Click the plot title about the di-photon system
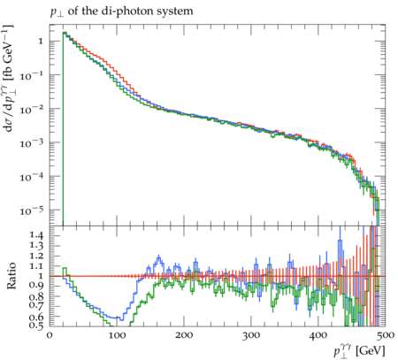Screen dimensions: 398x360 pos(121,11)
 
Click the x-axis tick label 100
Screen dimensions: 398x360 pos(117,335)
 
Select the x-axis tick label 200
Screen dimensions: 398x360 pos(184,335)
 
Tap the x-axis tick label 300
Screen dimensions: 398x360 pos(251,335)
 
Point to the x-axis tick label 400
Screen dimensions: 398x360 pos(318,335)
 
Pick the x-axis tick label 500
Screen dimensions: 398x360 pos(386,335)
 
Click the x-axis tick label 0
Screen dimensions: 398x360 pos(50,335)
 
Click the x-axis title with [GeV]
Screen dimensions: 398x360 pos(359,351)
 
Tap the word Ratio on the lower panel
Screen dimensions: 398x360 pos(11,276)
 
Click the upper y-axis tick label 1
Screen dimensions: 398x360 pos(41,41)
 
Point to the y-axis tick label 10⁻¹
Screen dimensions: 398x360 pos(31,75)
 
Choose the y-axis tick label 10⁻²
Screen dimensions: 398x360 pos(31,109)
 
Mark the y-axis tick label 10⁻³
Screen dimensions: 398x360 pos(31,143)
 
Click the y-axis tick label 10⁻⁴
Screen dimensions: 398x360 pos(31,177)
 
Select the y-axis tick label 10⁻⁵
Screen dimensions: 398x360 pos(31,211)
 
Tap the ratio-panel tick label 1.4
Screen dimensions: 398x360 pos(36,235)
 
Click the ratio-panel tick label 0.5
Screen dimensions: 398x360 pos(36,326)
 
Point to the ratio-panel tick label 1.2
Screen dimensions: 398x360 pos(36,256)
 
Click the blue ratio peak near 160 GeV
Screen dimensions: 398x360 pos(159,257)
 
